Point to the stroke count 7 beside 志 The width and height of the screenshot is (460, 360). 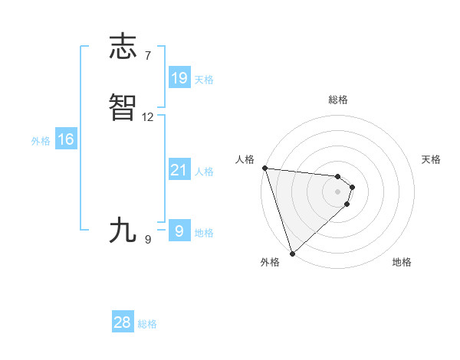click(x=148, y=55)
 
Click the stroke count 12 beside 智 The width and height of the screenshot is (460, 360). click(x=148, y=117)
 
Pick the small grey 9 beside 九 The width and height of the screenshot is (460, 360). click(x=148, y=240)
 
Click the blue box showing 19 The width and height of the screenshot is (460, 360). click(x=179, y=77)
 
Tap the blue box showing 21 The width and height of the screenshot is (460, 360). click(x=179, y=170)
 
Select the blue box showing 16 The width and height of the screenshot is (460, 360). click(x=66, y=139)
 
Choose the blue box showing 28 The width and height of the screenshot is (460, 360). click(x=123, y=323)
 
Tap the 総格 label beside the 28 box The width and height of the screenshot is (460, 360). click(x=147, y=324)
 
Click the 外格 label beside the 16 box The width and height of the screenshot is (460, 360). click(x=41, y=140)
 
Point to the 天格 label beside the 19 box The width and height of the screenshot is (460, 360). click(x=204, y=79)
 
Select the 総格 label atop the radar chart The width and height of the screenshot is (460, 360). click(x=338, y=100)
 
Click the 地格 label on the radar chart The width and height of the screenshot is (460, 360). click(x=402, y=262)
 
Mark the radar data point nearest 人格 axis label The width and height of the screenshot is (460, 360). click(x=264, y=168)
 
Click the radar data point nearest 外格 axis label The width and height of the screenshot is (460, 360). click(x=292, y=252)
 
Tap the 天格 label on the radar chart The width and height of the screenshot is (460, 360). click(x=432, y=159)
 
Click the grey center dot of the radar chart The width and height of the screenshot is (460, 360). click(x=338, y=191)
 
